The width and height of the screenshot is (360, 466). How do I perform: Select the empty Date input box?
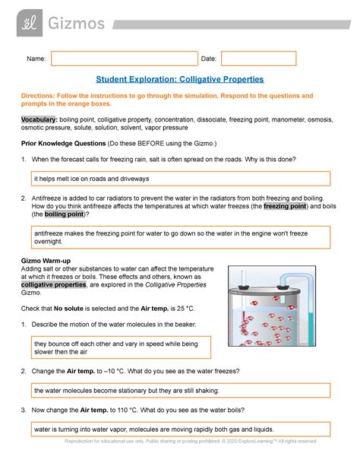[258, 59]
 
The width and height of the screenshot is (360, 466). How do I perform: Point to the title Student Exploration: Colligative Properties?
[179, 79]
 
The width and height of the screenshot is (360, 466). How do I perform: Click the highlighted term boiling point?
[63, 214]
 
